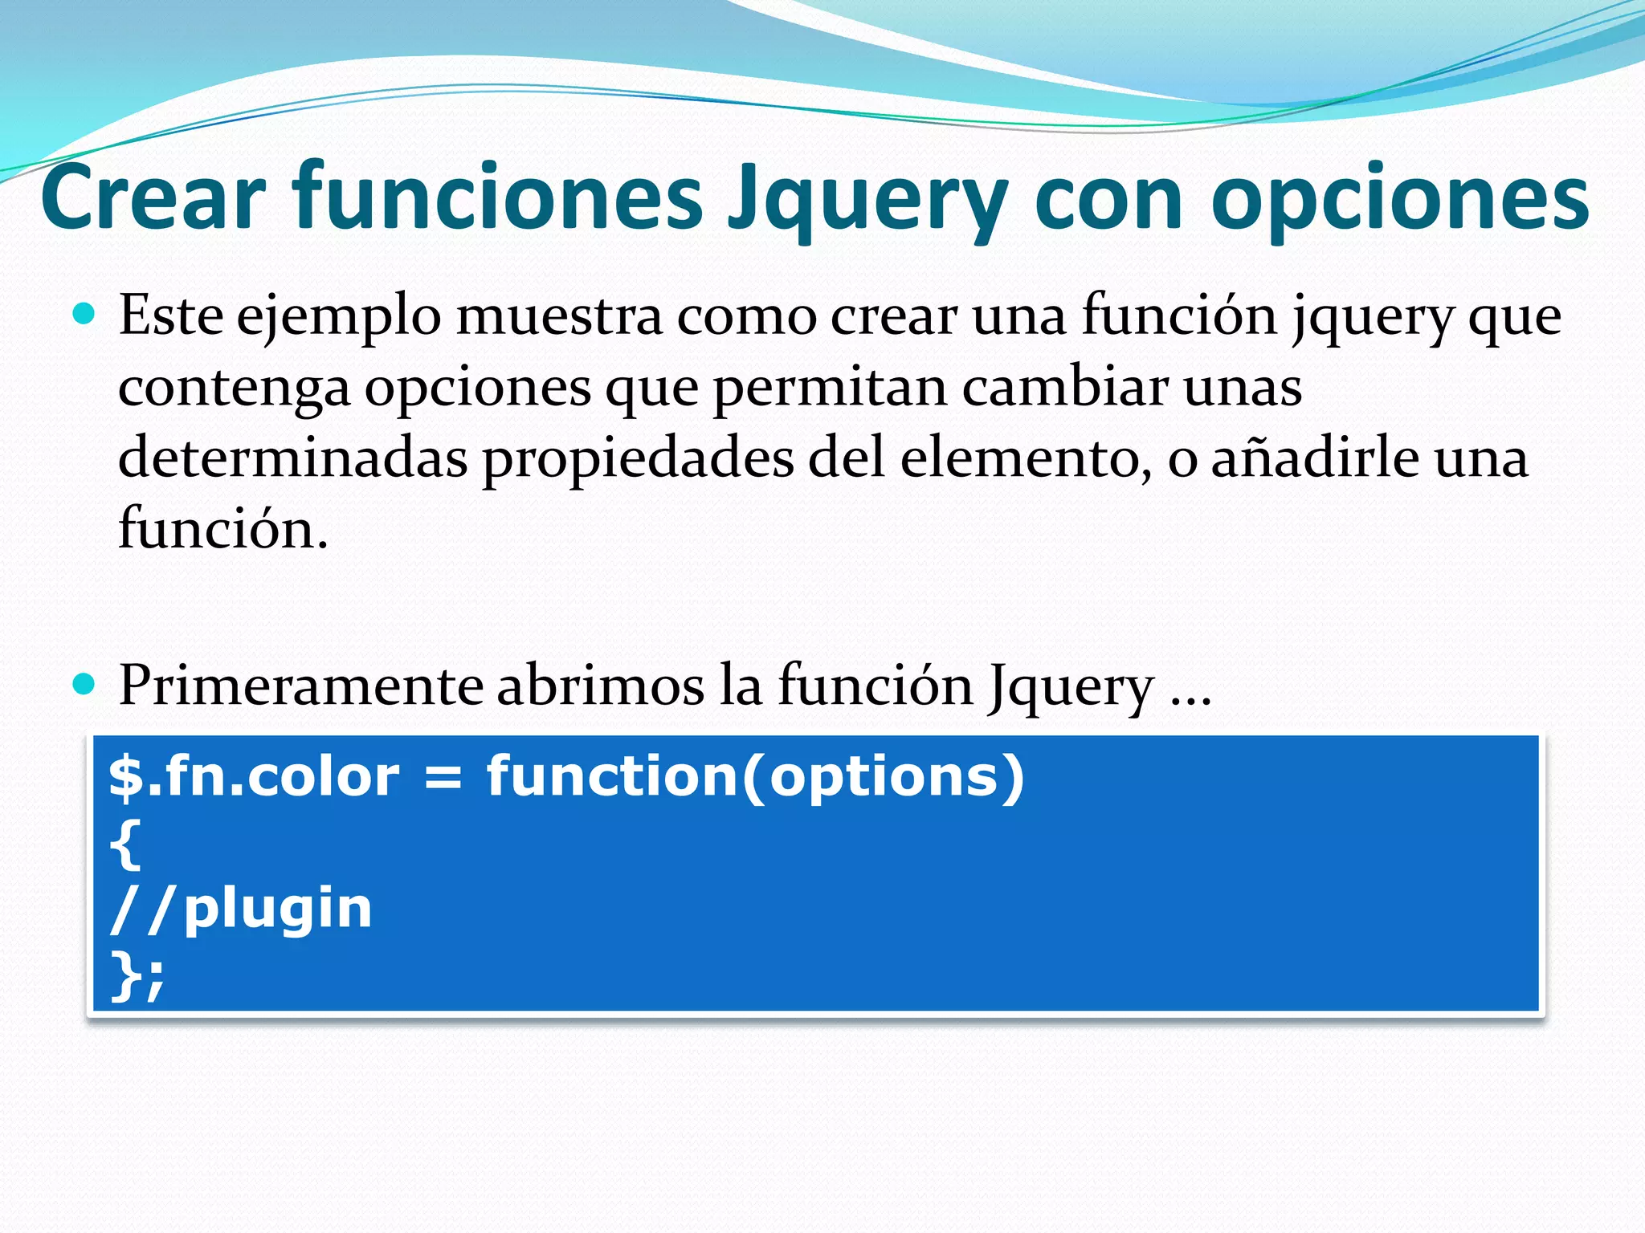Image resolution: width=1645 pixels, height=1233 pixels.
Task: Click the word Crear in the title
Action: click(x=153, y=197)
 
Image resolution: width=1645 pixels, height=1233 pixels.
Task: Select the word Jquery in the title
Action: click(x=867, y=201)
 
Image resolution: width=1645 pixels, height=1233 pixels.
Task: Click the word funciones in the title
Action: click(x=497, y=197)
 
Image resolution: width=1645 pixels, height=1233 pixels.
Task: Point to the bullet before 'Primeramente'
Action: click(x=84, y=684)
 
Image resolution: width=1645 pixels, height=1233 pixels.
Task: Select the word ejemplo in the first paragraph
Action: click(x=338, y=318)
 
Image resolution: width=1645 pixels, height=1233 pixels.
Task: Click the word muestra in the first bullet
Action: click(x=559, y=315)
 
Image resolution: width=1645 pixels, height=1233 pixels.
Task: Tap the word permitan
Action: click(x=831, y=389)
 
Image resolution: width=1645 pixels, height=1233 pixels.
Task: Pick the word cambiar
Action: click(x=1065, y=387)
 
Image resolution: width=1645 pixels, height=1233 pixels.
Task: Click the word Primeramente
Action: click(x=301, y=686)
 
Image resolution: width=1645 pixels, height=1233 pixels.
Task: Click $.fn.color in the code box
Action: click(x=254, y=777)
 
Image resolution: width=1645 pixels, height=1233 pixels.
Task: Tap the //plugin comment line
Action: click(x=241, y=910)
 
